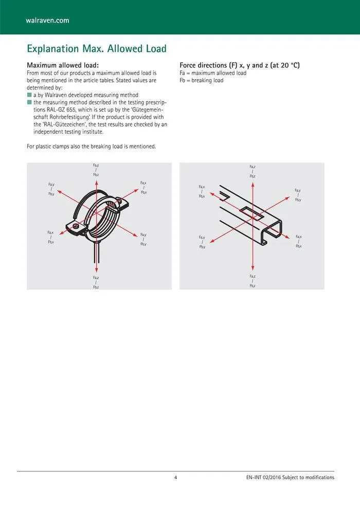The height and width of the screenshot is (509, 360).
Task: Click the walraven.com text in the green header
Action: pyautogui.click(x=47, y=21)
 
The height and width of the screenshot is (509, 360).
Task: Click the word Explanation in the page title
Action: pyautogui.click(x=53, y=49)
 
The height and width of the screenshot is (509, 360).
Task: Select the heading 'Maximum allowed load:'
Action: pyautogui.click(x=62, y=65)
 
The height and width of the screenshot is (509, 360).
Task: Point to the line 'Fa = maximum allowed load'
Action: pyautogui.click(x=213, y=73)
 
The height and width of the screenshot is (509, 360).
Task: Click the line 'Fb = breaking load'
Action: pyautogui.click(x=202, y=80)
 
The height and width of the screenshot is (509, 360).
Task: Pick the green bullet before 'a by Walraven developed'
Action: pyautogui.click(x=29, y=95)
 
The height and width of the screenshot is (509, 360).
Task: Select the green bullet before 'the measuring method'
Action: pyautogui.click(x=29, y=102)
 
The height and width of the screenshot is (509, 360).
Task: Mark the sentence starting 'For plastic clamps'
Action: pyautogui.click(x=91, y=147)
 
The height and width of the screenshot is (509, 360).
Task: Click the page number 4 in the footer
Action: pyautogui.click(x=175, y=478)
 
